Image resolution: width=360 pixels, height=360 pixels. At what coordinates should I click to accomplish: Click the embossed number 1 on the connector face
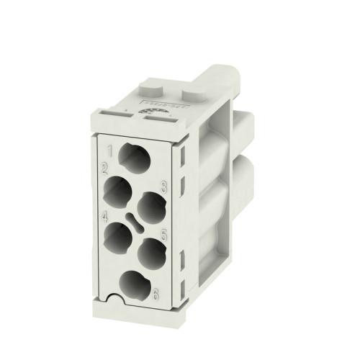coord(109,150)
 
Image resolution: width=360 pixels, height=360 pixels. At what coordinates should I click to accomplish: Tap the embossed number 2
coord(104,169)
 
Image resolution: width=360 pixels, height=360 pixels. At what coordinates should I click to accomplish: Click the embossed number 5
coord(164,234)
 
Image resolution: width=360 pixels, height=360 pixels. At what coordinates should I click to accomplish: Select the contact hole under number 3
coord(150,207)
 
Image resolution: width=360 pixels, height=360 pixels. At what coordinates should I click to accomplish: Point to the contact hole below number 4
coord(120,236)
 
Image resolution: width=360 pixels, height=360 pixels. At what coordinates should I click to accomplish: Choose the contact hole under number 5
coord(149,253)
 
